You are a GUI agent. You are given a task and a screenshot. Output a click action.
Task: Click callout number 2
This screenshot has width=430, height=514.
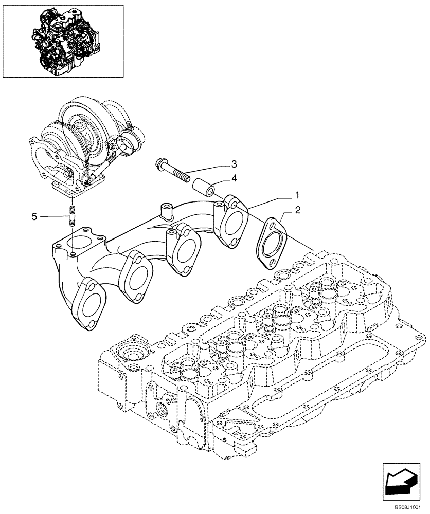click(x=297, y=210)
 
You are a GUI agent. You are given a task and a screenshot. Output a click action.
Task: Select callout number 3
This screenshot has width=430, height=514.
click(x=234, y=164)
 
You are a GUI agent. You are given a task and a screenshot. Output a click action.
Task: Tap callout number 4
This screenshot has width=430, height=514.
click(x=234, y=179)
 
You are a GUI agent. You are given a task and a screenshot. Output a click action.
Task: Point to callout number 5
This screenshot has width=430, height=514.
click(x=34, y=217)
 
